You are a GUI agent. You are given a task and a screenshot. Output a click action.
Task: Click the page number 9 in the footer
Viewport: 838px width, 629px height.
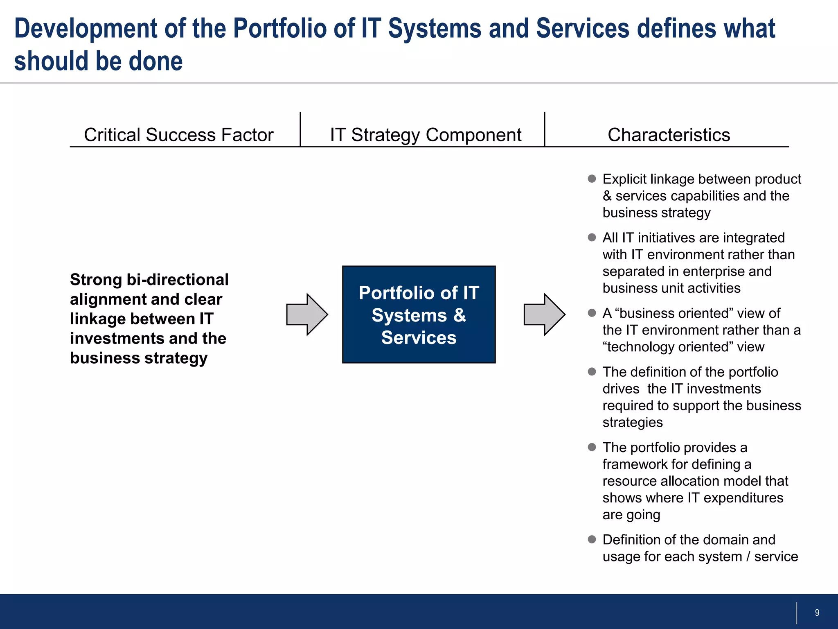[817, 613]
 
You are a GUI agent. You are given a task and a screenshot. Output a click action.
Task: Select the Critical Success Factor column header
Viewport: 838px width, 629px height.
[178, 135]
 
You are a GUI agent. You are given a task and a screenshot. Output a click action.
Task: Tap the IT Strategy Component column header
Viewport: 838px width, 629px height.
[426, 135]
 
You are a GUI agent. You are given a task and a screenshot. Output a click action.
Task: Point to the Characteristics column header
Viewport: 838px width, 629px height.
[669, 135]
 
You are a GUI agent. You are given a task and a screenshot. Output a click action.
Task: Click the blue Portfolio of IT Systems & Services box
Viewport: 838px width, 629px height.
[419, 314]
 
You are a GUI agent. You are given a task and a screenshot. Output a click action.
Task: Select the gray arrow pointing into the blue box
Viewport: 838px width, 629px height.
[307, 314]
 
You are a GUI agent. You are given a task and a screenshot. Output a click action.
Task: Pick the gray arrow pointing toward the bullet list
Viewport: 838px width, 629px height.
[544, 314]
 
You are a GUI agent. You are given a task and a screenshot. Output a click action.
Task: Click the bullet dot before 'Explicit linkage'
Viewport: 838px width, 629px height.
[592, 179]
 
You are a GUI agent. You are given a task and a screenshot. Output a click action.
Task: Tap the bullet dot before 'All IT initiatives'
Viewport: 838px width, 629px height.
[592, 238]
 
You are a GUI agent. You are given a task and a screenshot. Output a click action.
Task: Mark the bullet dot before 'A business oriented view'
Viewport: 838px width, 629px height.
[592, 313]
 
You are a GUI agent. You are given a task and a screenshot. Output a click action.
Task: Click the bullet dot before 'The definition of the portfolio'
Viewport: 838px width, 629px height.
[592, 371]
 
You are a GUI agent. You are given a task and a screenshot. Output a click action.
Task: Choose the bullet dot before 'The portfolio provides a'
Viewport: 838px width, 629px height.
[592, 447]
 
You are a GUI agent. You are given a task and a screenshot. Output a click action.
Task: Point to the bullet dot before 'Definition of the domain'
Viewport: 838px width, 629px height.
[592, 539]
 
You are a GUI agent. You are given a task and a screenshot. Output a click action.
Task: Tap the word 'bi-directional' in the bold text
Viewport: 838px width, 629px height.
[177, 280]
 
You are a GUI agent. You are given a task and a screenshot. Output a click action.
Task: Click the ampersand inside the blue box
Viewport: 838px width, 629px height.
[460, 315]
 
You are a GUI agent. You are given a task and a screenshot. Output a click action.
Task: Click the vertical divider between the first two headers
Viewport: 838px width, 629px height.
[300, 129]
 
